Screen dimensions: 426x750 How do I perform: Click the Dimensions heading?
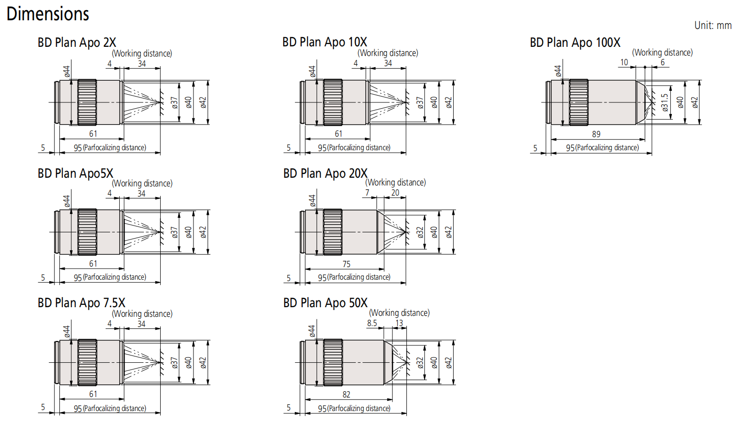point(48,14)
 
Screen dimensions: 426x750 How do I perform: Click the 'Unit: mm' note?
point(712,26)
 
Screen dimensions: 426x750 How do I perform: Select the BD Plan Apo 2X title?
point(77,43)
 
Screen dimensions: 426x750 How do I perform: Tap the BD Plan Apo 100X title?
point(575,43)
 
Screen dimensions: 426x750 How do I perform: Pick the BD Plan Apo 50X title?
point(325,303)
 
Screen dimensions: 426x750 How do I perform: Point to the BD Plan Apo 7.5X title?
point(81,303)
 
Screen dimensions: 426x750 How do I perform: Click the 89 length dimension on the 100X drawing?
point(596,134)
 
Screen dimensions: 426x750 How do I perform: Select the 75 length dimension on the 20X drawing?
point(346,264)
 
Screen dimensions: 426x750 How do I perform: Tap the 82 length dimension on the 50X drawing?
point(346,395)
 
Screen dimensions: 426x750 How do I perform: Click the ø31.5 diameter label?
point(665,103)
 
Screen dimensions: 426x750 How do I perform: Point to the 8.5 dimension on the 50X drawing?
point(372,323)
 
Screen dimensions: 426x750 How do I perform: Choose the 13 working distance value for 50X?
point(399,323)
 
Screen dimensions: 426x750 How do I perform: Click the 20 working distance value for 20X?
point(395,193)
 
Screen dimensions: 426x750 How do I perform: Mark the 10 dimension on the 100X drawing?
point(624,62)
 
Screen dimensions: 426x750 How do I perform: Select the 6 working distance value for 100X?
point(663,62)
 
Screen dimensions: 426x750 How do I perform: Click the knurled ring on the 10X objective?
point(333,102)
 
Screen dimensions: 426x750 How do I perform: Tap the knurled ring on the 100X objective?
point(579,102)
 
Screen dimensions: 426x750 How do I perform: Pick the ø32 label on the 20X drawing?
point(420,232)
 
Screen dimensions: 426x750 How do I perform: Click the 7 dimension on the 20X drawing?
point(367,193)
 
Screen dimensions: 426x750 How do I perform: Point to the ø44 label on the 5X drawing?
point(67,201)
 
